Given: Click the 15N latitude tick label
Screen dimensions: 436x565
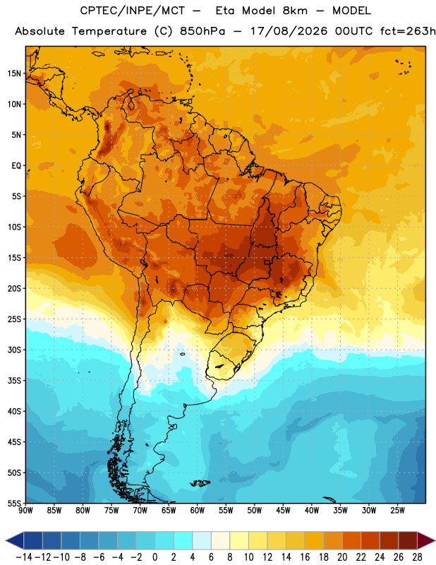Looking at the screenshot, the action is pos(14,73).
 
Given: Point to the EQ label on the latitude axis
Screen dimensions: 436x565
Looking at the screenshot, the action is pos(16,166).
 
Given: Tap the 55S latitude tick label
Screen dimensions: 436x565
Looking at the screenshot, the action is pos(14,503).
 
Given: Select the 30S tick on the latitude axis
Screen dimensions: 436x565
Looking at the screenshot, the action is pos(14,350).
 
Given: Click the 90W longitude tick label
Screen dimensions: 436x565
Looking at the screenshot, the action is pos(25,511).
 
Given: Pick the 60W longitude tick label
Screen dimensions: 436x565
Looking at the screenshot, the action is pos(198,511).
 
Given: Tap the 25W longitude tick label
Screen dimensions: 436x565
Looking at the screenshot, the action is pos(398,511).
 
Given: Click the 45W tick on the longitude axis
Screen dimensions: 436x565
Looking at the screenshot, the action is pos(284,511).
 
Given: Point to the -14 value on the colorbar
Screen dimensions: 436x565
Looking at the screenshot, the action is pos(24,557).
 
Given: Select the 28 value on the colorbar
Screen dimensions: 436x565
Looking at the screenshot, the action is pos(417,557).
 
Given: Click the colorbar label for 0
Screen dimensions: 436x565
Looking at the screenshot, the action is pos(155,557).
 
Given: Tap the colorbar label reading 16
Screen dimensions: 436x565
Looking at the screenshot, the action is pos(305,557).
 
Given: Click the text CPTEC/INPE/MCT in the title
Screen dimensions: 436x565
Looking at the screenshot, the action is pos(133,11).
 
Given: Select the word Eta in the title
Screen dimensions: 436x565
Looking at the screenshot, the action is pos(225,11).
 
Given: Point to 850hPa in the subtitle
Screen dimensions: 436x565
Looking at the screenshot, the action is pos(202,31).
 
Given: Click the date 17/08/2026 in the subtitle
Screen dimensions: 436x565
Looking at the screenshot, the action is pos(289,31).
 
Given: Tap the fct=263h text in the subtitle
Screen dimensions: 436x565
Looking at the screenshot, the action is pos(408,31).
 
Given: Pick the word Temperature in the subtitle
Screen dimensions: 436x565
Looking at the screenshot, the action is pos(109,32).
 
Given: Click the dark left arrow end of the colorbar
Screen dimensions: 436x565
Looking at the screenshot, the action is pos(14,541).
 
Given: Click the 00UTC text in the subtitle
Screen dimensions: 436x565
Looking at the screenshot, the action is pos(354,31).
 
